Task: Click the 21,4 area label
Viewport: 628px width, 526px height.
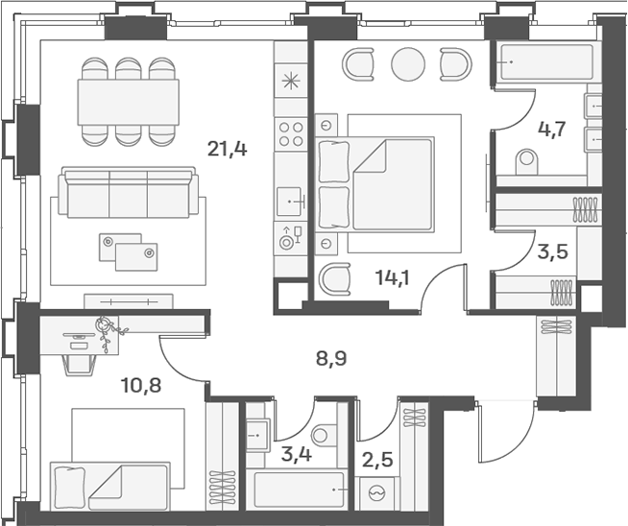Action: (227, 150)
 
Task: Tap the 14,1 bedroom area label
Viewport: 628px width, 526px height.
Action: (393, 277)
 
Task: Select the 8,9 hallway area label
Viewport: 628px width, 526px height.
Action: (331, 359)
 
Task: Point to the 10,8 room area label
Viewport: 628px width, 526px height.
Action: (141, 386)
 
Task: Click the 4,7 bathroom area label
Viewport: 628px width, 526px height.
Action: (551, 130)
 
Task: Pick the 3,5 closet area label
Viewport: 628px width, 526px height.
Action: (553, 252)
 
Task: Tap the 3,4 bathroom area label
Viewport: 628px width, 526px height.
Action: (297, 454)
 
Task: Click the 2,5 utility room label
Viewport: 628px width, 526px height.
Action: (377, 460)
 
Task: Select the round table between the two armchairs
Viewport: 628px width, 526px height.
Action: (408, 64)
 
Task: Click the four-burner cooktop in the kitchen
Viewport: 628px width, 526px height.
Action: (291, 134)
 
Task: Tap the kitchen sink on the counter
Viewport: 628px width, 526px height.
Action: (289, 202)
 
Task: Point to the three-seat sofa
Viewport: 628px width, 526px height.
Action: (128, 193)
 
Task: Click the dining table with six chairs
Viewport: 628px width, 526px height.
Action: (128, 102)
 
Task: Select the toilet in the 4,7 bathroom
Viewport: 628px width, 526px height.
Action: (526, 161)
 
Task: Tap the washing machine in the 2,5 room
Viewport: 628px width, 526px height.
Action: (377, 493)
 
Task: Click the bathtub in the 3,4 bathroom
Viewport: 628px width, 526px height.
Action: (296, 490)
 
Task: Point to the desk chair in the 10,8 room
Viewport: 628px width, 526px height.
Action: (80, 365)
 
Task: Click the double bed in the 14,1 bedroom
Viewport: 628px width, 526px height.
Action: (375, 184)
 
